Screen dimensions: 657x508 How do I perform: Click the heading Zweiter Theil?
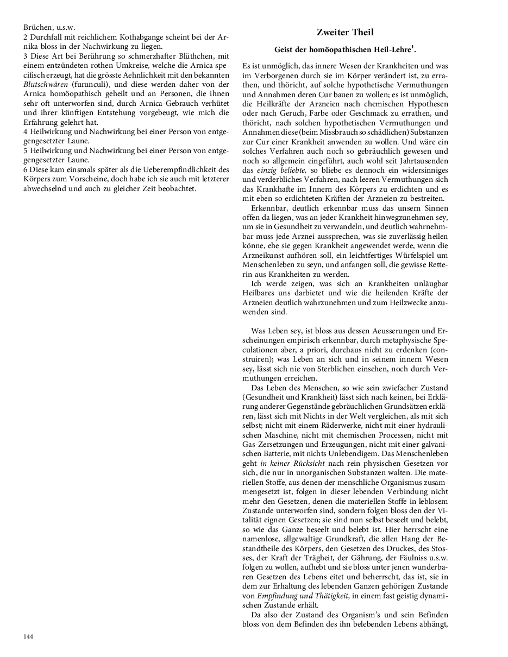click(346, 33)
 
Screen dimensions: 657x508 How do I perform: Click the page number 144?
click(29, 636)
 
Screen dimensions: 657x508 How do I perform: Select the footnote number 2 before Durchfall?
click(25, 36)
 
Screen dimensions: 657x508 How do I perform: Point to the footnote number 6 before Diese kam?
click(25, 170)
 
